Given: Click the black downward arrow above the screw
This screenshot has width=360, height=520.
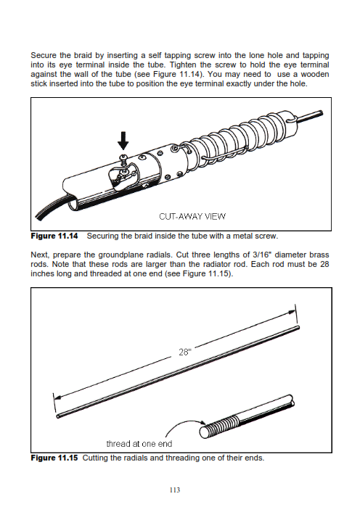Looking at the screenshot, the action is pos(123,141).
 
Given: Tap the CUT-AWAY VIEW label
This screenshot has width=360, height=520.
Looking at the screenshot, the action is pos(192,217).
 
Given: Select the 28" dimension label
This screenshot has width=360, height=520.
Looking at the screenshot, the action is pos(185,352).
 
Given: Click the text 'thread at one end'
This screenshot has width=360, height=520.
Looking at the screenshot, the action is pos(139,444).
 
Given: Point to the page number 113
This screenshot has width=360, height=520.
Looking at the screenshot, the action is pos(174,490).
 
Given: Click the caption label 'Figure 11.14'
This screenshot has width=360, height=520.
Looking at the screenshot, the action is pos(54,236).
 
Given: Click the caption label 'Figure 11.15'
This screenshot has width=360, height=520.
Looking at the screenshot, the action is pos(54,458).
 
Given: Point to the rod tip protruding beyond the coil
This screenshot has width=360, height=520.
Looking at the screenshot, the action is pos(310,117).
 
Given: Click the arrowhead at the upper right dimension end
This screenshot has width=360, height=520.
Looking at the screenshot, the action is pos(292,312).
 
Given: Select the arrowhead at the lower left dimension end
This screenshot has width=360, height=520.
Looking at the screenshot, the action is pos(58,397).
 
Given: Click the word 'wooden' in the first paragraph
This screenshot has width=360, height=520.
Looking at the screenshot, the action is pos(314,74).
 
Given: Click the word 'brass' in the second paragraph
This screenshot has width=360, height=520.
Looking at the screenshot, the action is pos(319,255).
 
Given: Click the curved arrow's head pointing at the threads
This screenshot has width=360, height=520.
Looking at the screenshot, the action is pos(202,423).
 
